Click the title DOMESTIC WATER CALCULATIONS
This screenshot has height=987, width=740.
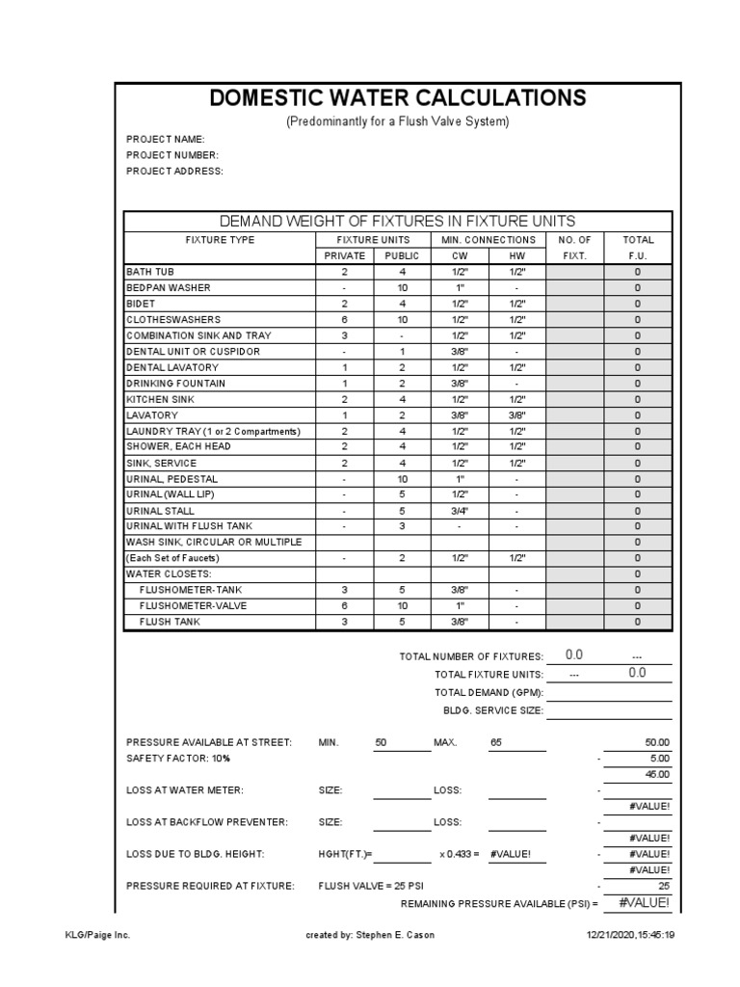[397, 98]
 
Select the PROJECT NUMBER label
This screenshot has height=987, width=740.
[172, 155]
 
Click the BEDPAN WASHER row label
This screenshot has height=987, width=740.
[169, 288]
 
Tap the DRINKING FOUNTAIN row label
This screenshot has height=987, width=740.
[175, 384]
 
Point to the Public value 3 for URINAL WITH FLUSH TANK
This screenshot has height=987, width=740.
[403, 526]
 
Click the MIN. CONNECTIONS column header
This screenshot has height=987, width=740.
[488, 240]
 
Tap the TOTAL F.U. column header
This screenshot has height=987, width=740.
[638, 248]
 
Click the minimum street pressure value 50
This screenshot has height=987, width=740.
[381, 743]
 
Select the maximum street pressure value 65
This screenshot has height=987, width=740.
[496, 743]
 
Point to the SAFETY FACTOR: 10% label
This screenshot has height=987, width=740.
[178, 759]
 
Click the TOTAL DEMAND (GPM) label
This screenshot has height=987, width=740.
[489, 692]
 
